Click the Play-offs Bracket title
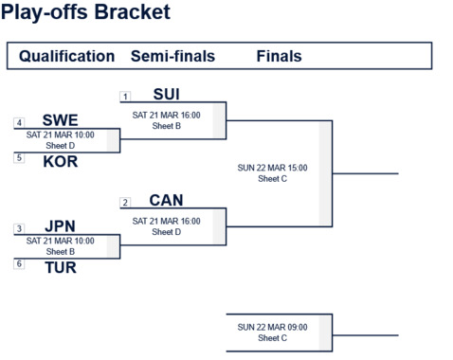(86, 12)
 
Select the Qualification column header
(66, 56)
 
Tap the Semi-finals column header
(172, 56)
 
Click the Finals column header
(279, 56)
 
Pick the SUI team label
(166, 95)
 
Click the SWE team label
(60, 121)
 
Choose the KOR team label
(60, 161)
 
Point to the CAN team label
(166, 201)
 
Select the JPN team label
(60, 227)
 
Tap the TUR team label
(60, 267)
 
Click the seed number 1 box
(125, 97)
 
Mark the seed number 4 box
(19, 123)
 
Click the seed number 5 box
(19, 158)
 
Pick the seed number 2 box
(125, 203)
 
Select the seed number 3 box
(19, 229)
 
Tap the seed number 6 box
(19, 264)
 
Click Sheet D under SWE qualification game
(60, 146)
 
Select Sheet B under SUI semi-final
(166, 125)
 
